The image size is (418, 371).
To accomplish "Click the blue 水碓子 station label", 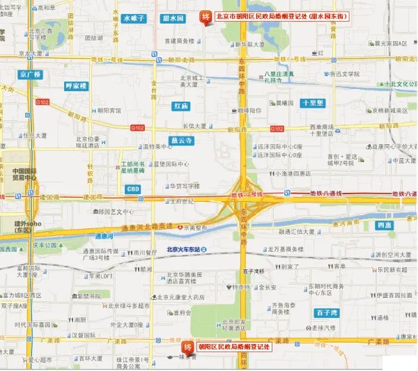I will point(133,19).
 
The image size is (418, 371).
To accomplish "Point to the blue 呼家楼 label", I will point(75,86).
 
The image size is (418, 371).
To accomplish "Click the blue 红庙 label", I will point(180,106).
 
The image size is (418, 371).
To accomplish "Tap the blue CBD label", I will point(133,189).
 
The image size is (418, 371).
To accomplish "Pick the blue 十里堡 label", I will point(311,103).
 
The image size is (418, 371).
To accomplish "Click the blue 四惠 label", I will point(383,226).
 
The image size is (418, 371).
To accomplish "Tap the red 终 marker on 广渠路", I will point(187,348).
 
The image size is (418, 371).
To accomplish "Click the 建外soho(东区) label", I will point(27,226).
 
